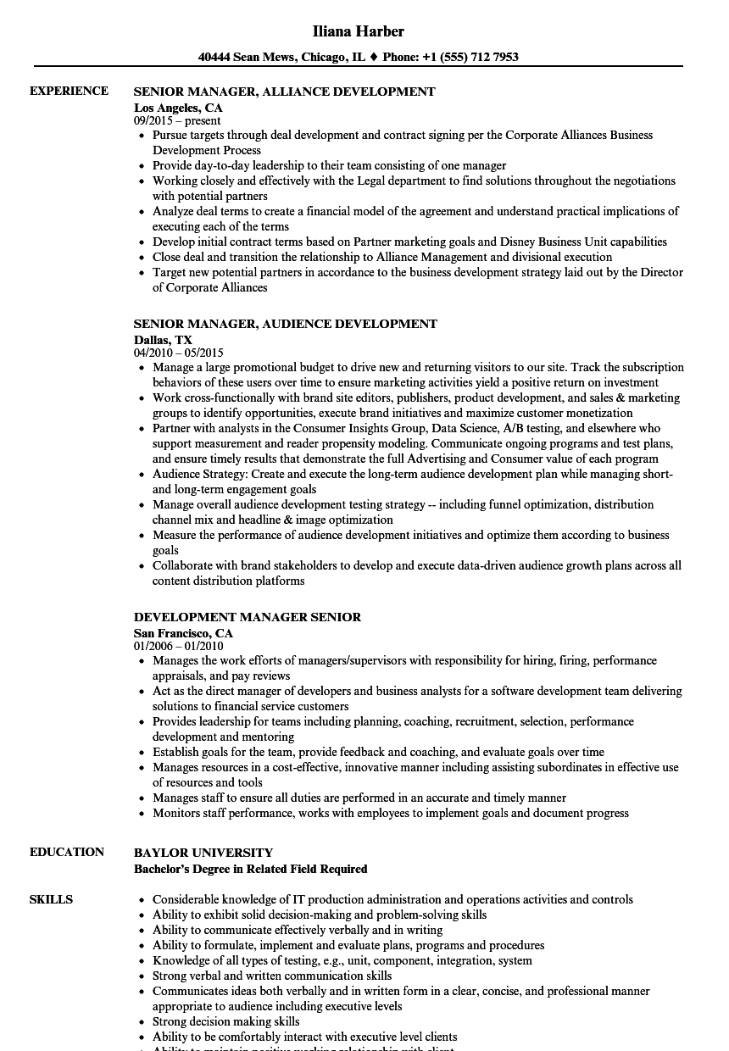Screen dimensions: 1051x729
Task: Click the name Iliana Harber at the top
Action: pos(358,31)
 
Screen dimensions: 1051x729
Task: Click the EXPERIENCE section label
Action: pos(69,91)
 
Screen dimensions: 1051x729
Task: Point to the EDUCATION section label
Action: pos(67,852)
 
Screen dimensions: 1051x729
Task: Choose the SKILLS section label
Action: pos(51,899)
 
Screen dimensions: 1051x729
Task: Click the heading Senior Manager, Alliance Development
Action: pos(285,92)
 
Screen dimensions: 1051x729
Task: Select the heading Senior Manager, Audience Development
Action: pos(286,324)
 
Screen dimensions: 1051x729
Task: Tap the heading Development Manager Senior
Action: pos(248,617)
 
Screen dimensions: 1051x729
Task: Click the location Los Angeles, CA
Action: pos(178,108)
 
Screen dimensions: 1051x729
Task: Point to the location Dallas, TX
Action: pos(163,340)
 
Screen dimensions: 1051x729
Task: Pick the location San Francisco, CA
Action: pos(183,633)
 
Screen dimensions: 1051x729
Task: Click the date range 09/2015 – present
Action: pos(177,120)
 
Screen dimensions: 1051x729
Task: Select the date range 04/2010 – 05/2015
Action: pos(179,353)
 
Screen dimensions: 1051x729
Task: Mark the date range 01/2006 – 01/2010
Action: pos(179,646)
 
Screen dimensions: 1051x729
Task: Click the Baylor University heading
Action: pos(203,853)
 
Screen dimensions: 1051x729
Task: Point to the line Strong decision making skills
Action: pos(226,1021)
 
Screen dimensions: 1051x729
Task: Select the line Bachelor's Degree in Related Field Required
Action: pos(251,869)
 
